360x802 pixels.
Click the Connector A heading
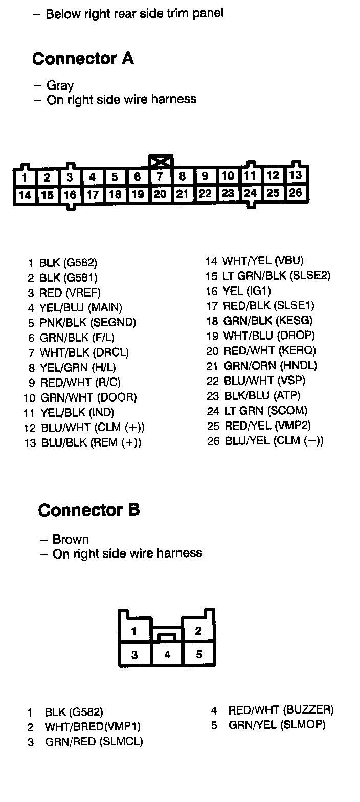pyautogui.click(x=83, y=59)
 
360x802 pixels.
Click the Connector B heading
pyautogui.click(x=88, y=510)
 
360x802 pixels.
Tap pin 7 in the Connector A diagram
pyautogui.click(x=160, y=177)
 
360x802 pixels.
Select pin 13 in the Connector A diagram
pyautogui.click(x=296, y=175)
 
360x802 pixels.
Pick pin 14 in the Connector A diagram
pyautogui.click(x=24, y=195)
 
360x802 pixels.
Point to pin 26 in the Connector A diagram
pyautogui.click(x=296, y=193)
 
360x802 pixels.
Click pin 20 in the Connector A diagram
pyautogui.click(x=160, y=194)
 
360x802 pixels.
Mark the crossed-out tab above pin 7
pyautogui.click(x=161, y=162)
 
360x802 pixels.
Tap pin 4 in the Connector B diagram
pyautogui.click(x=167, y=655)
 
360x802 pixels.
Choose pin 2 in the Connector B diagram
pyautogui.click(x=198, y=631)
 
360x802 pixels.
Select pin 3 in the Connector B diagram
pyautogui.click(x=134, y=655)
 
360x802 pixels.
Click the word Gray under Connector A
pyautogui.click(x=60, y=85)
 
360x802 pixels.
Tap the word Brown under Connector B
pyautogui.click(x=71, y=539)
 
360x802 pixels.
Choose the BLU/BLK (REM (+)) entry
pyautogui.click(x=89, y=442)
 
